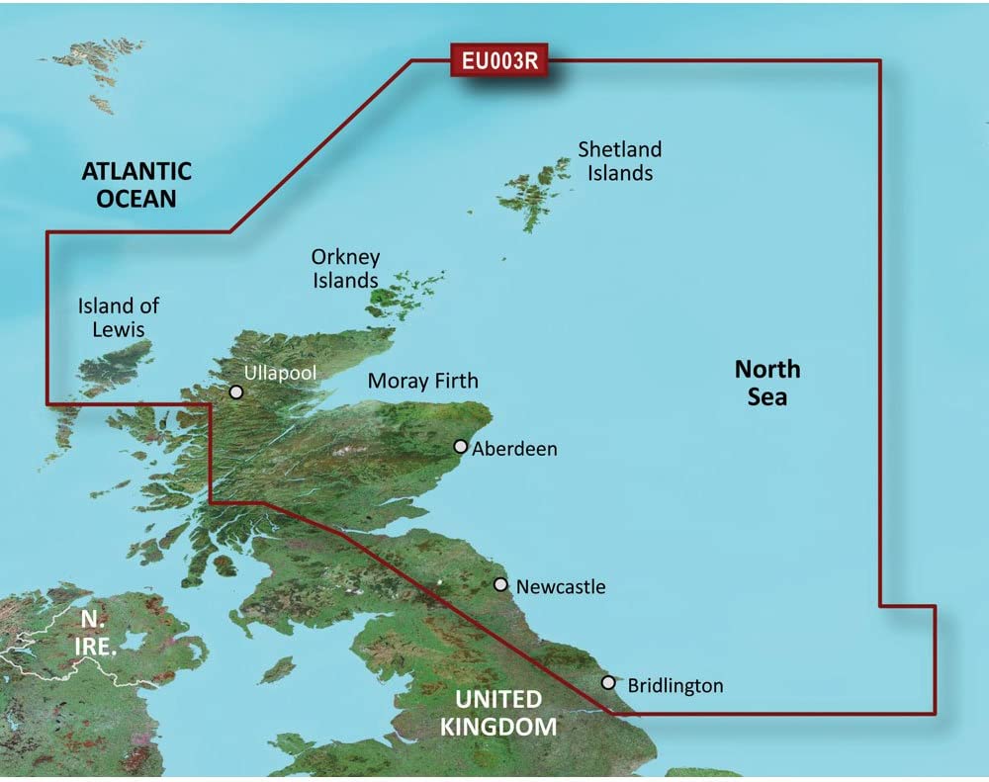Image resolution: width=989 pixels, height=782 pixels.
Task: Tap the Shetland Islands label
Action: [x=620, y=161]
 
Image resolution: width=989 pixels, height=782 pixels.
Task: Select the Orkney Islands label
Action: [x=345, y=269]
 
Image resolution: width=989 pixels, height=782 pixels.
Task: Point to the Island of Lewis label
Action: [x=119, y=317]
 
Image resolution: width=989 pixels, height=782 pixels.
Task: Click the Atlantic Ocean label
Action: [x=136, y=184]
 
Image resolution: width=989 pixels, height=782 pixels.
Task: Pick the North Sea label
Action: [x=767, y=383]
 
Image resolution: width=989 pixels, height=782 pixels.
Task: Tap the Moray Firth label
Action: [x=422, y=381]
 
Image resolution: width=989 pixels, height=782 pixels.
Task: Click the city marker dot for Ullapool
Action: [x=236, y=392]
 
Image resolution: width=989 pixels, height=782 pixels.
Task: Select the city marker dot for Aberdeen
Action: [x=461, y=447]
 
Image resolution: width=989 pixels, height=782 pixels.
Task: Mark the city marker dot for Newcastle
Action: [x=501, y=585]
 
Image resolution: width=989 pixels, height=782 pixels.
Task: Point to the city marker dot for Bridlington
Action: [x=608, y=683]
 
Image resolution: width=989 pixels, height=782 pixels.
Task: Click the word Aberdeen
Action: [x=514, y=449]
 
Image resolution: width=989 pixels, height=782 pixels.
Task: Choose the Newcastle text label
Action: [x=560, y=587]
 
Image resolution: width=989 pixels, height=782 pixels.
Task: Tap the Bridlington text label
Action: [x=674, y=685]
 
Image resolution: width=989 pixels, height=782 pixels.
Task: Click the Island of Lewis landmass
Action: [x=114, y=368]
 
